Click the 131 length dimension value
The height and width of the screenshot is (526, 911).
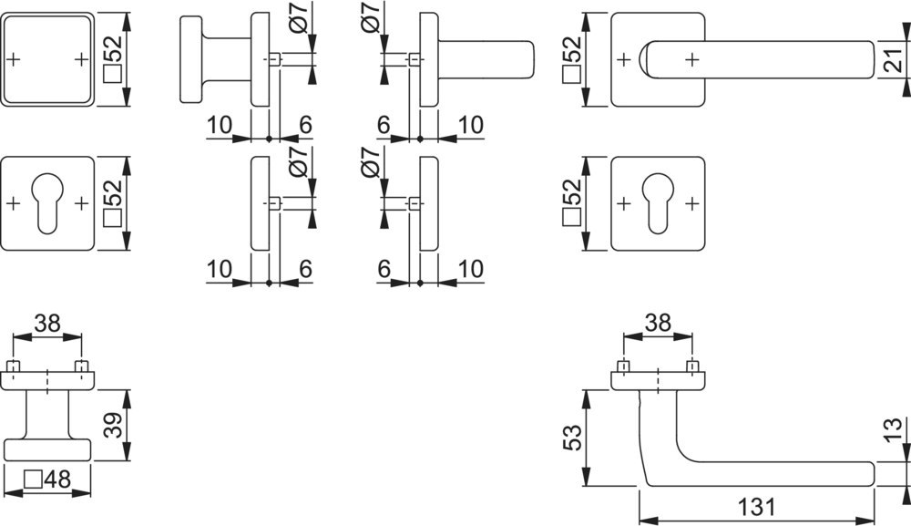[757, 507]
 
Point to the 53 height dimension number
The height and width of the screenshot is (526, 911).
[572, 438]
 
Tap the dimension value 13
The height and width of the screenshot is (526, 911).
[896, 430]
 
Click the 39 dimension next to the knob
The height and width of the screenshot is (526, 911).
[113, 425]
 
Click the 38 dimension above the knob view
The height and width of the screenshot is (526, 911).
[47, 323]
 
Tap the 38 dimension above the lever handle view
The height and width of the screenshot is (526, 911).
[658, 323]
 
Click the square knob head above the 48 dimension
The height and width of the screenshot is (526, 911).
[47, 449]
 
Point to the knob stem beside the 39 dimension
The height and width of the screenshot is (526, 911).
[47, 414]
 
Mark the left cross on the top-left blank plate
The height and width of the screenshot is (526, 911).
[14, 59]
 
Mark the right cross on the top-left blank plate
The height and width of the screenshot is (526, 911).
[81, 59]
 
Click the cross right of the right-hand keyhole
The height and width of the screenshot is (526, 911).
[691, 203]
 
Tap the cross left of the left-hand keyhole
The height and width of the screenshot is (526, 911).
[14, 203]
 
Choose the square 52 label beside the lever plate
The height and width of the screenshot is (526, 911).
[572, 58]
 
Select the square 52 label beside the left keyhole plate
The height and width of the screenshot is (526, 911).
[113, 203]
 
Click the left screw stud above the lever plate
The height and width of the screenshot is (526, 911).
[623, 366]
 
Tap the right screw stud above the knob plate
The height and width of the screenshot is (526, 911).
[82, 366]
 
